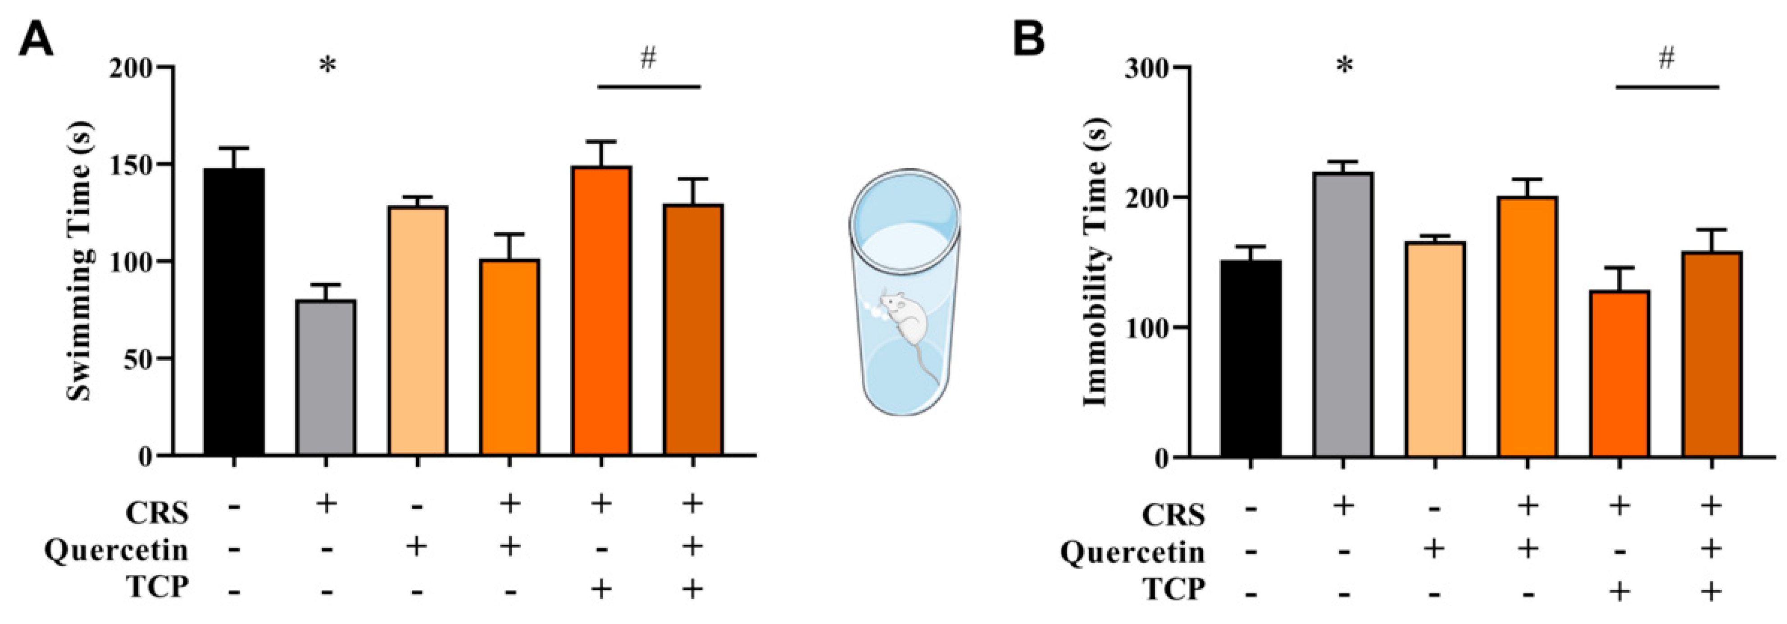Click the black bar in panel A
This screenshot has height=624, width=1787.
coord(234,312)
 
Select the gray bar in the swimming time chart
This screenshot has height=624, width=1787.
coord(326,378)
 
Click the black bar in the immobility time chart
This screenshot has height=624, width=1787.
coord(1251,359)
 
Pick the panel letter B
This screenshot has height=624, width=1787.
coord(1029,40)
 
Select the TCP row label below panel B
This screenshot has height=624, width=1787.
coord(1173,589)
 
